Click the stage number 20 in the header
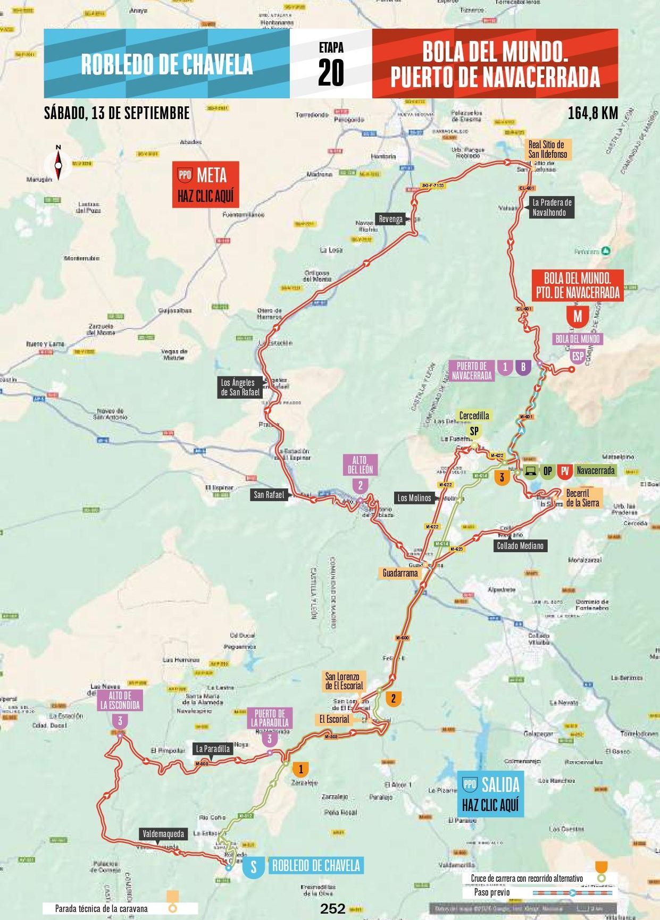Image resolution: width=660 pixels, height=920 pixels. [x=331, y=72]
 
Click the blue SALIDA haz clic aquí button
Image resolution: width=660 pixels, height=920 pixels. [x=490, y=794]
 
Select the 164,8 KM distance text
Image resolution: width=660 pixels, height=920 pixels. [x=592, y=113]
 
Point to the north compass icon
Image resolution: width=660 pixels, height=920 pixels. [x=59, y=163]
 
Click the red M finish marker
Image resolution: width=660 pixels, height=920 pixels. [x=578, y=316]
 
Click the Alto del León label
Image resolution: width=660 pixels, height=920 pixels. [x=361, y=465]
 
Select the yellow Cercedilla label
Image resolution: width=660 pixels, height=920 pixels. [x=474, y=416]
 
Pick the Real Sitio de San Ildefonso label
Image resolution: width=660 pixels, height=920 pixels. [x=547, y=149]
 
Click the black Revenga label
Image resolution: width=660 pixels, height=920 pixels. [x=391, y=219]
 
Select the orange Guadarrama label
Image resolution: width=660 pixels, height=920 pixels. [x=400, y=573]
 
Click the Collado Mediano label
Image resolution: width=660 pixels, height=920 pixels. [x=520, y=545]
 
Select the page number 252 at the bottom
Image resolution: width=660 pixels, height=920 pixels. [x=333, y=908]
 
